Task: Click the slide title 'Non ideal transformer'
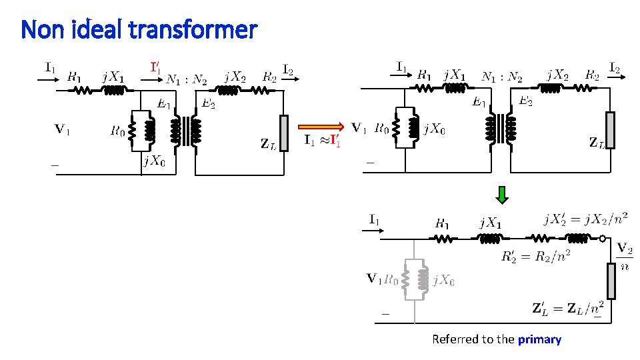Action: pyautogui.click(x=139, y=30)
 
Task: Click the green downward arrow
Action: pyautogui.click(x=502, y=194)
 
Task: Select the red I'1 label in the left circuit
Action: pyautogui.click(x=155, y=67)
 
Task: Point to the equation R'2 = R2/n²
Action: pyautogui.click(x=535, y=257)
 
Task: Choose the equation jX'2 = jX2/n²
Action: pyautogui.click(x=585, y=219)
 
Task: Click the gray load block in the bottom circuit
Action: pyautogui.click(x=611, y=281)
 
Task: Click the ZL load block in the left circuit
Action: pyautogui.click(x=285, y=133)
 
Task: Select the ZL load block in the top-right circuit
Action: pyautogui.click(x=610, y=130)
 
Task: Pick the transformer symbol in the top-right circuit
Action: pyautogui.click(x=502, y=127)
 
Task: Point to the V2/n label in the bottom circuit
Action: pyautogui.click(x=625, y=257)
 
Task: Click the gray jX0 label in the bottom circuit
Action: pyautogui.click(x=443, y=281)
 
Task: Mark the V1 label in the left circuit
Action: pyautogui.click(x=62, y=129)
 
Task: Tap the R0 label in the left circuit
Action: pyautogui.click(x=117, y=131)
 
